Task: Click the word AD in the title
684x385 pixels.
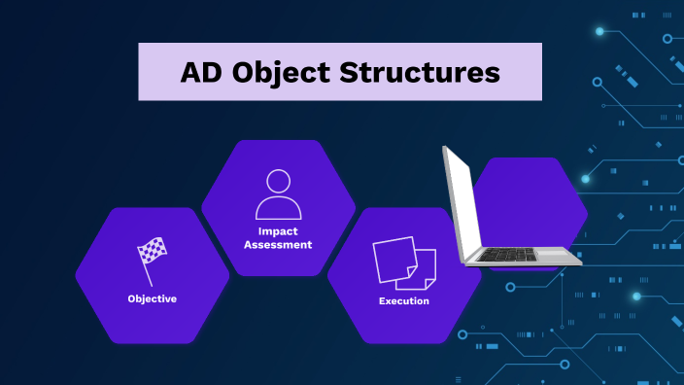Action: point(200,73)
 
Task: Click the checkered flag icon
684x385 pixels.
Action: point(153,254)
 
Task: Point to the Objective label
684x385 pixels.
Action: point(153,298)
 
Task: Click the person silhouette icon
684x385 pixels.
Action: point(278,194)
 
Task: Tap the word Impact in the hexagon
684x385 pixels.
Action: point(278,231)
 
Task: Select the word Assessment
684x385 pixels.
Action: point(278,245)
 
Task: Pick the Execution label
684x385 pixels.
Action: point(403,301)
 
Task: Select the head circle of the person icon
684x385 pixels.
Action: point(279,181)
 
